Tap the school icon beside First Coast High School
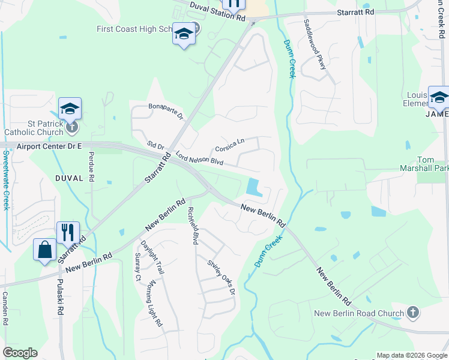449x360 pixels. click(x=183, y=34)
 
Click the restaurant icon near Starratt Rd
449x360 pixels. click(x=68, y=232)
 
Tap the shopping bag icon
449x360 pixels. click(x=45, y=249)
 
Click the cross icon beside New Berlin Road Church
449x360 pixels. click(x=412, y=313)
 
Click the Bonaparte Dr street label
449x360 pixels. click(x=166, y=112)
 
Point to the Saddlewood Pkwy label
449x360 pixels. click(x=315, y=43)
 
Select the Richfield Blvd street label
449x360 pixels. click(x=193, y=226)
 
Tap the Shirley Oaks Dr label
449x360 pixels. click(x=220, y=277)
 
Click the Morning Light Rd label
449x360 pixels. click(x=154, y=303)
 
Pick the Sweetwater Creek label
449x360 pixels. click(x=6, y=179)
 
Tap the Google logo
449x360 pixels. click(x=20, y=353)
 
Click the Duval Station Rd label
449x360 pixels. click(x=217, y=12)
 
